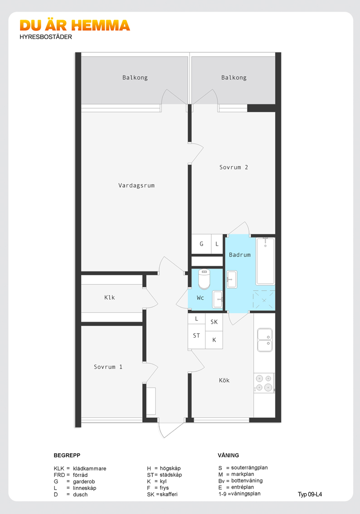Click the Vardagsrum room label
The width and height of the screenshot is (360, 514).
136,185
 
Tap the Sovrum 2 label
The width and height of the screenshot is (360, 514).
234,167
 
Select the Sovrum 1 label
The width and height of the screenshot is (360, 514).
108,367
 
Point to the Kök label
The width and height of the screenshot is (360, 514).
224,380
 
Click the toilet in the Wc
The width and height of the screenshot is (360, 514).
204,279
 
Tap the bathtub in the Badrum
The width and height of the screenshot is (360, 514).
265,261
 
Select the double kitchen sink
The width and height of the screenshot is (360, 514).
265,339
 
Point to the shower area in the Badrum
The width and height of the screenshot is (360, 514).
264,300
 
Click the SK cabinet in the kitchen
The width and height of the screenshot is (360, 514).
214,322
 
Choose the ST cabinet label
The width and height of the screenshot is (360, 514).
196,336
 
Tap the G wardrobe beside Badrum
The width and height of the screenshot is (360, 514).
201,244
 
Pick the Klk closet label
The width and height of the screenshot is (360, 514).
110,297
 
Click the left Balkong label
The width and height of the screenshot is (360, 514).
135,78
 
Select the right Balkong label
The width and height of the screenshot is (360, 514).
234,78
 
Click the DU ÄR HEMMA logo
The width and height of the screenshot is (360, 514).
75,25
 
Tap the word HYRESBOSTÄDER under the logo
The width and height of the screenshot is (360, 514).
46,37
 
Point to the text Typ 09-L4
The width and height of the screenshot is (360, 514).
310,495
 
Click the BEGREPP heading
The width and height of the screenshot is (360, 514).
67,456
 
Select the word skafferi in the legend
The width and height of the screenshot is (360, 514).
169,495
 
